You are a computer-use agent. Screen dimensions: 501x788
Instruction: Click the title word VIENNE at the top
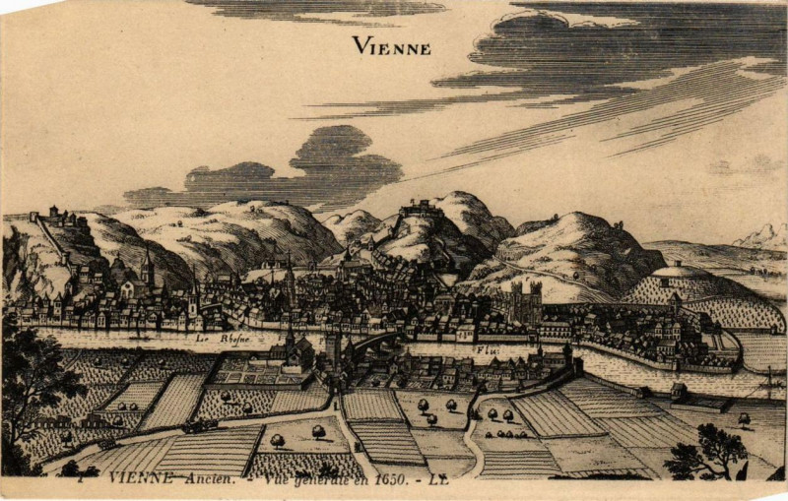tap(391, 45)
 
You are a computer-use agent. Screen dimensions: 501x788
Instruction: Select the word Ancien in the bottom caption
tap(208, 478)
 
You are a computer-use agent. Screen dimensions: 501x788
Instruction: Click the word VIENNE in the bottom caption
tap(141, 478)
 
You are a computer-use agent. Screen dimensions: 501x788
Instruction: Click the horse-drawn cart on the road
tap(200, 426)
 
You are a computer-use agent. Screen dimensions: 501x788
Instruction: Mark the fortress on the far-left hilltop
tap(54, 215)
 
